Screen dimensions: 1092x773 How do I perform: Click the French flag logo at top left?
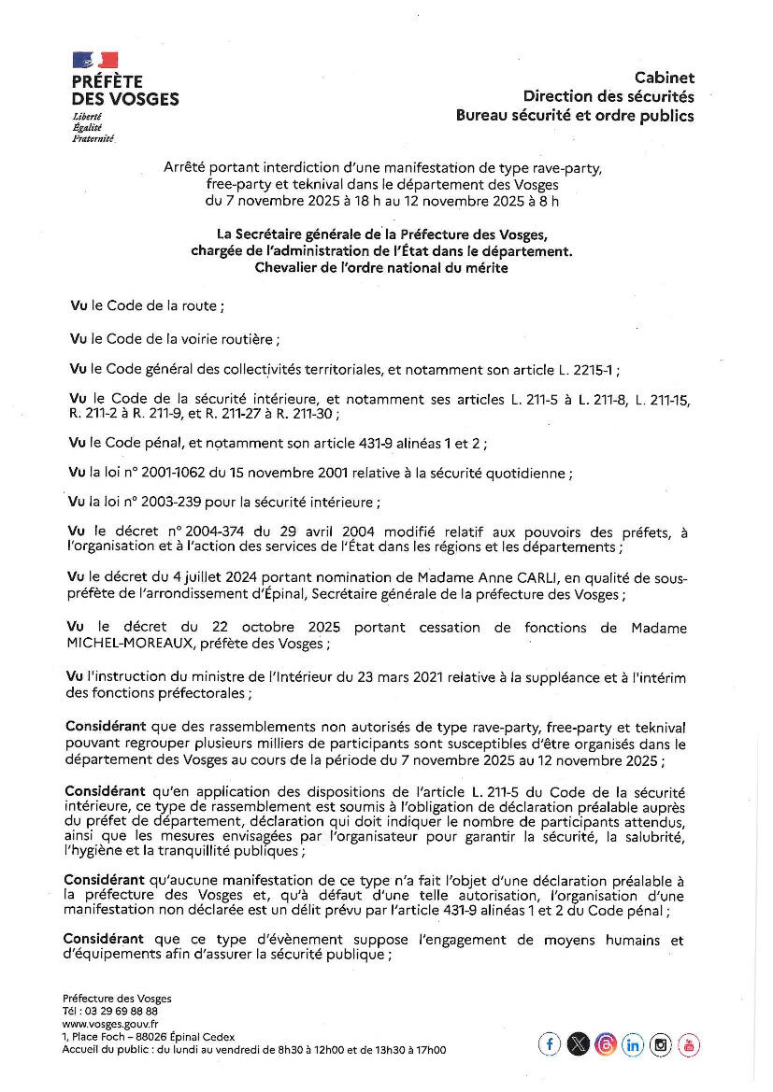tap(95, 60)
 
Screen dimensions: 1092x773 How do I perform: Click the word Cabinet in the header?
tap(665, 78)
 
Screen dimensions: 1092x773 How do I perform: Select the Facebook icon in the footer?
tap(550, 1044)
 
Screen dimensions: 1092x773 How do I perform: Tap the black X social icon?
tap(578, 1044)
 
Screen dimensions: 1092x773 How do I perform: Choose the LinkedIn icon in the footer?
tap(633, 1044)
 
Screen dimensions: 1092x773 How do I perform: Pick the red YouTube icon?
tap(689, 1044)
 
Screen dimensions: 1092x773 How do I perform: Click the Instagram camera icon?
tap(661, 1044)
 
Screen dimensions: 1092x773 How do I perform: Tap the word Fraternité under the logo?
tap(93, 137)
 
